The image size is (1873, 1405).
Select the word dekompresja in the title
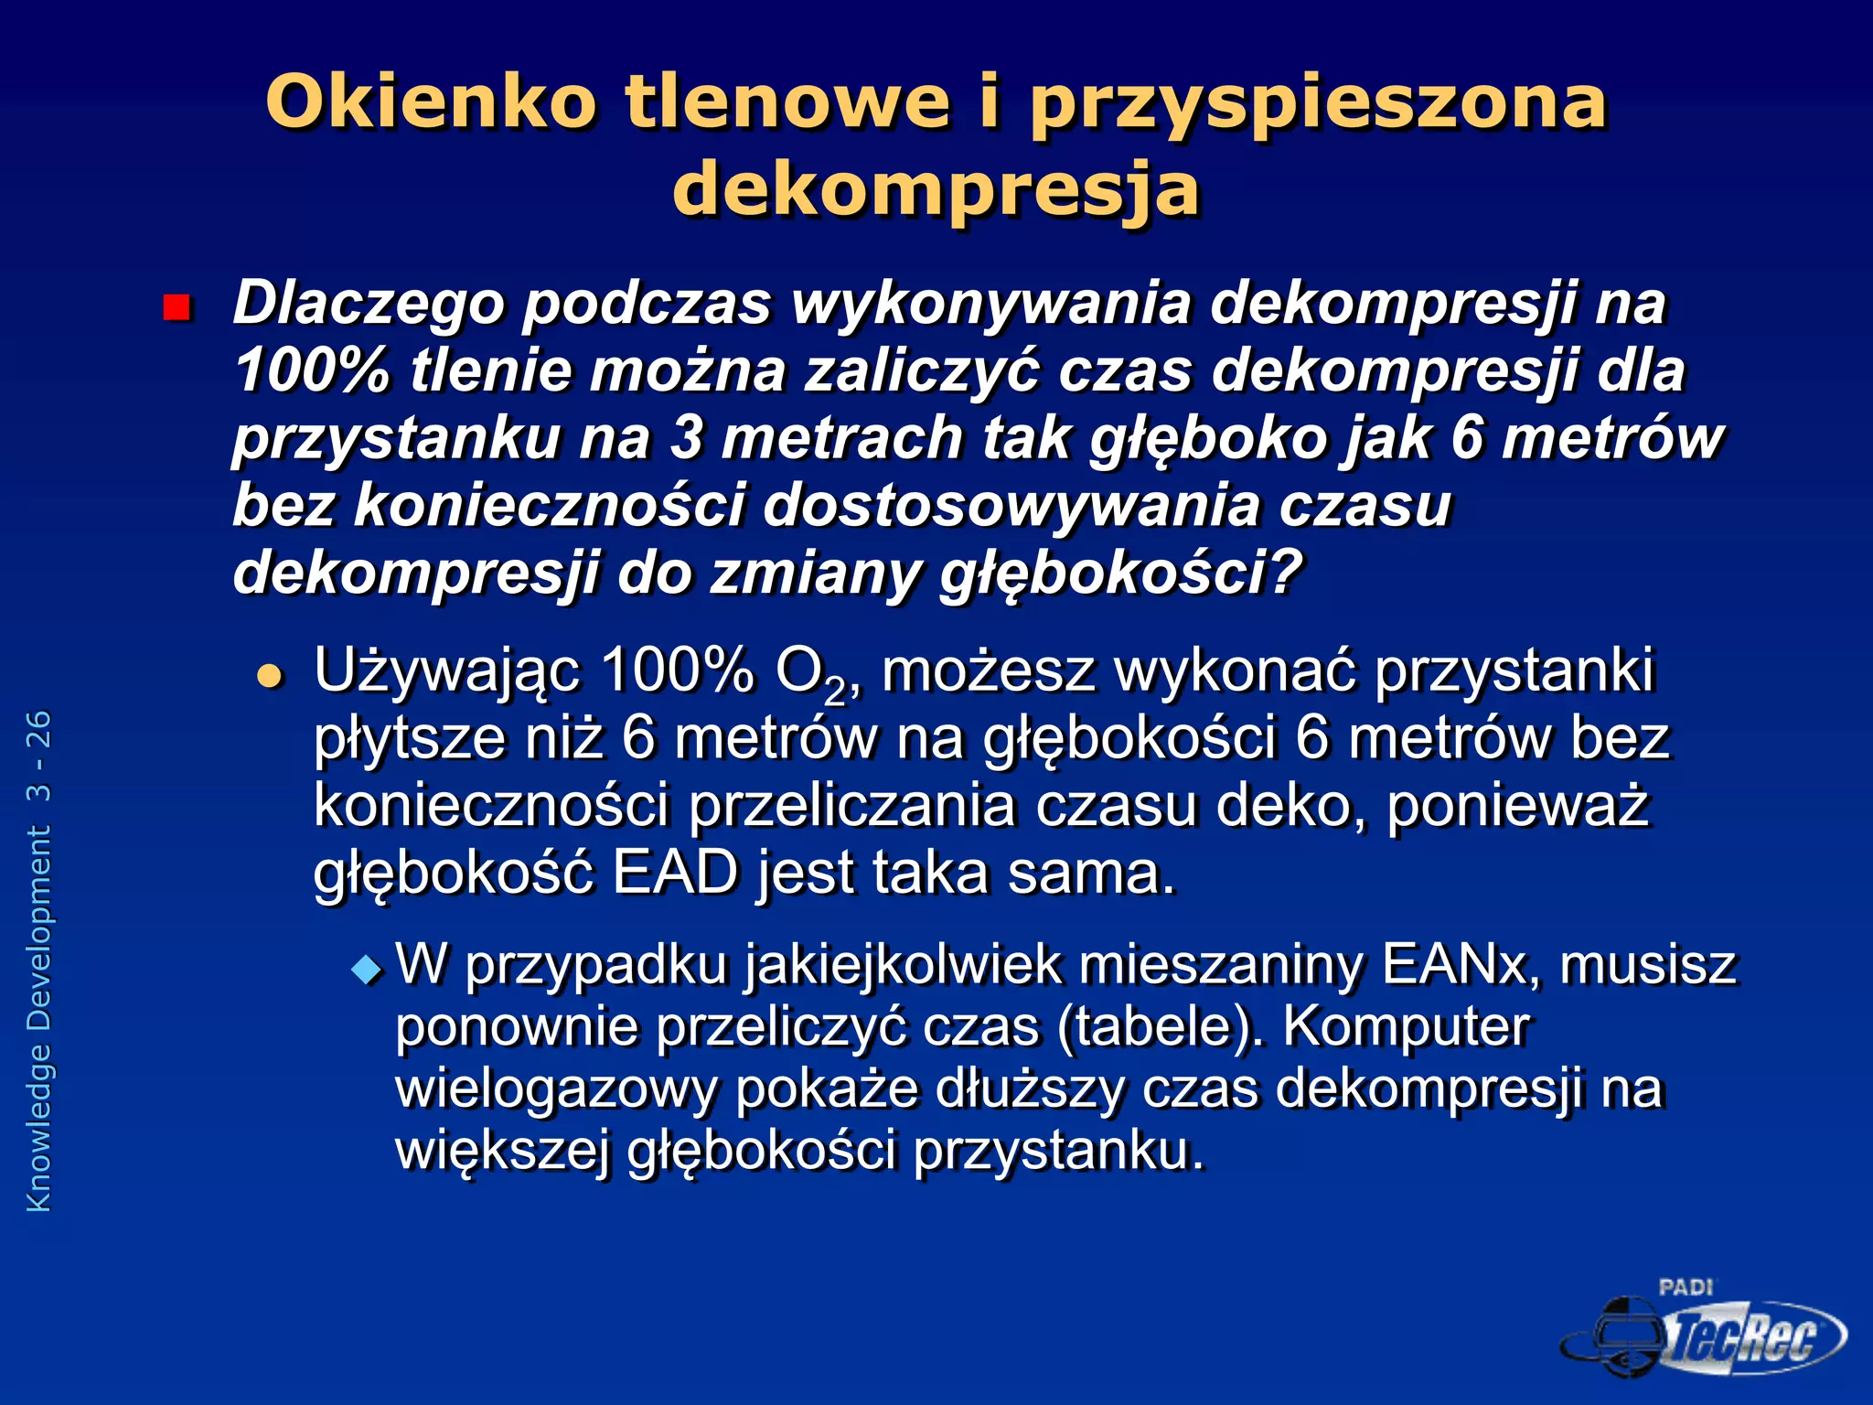936,189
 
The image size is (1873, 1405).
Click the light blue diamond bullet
368,968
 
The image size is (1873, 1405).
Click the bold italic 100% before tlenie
312,370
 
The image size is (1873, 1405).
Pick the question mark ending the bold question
1285,572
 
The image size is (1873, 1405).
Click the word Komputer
1406,1026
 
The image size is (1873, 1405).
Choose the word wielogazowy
556,1089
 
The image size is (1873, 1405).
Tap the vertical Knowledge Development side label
39,960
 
